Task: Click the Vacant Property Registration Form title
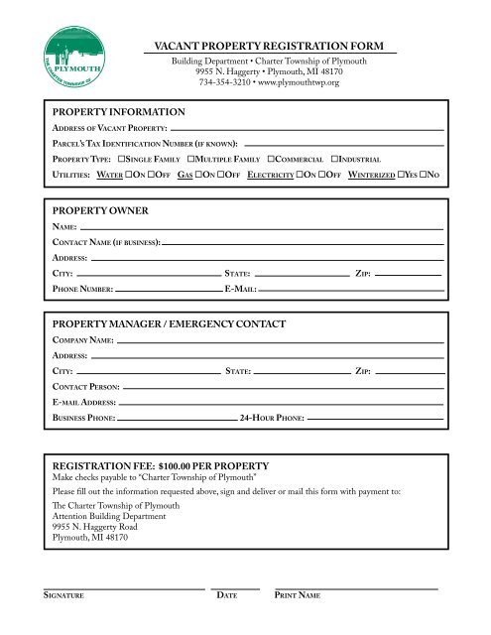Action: pyautogui.click(x=270, y=46)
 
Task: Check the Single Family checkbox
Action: pyautogui.click(x=121, y=159)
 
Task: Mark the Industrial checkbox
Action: pyautogui.click(x=336, y=159)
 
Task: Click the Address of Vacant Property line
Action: pyautogui.click(x=307, y=129)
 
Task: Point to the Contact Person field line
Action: pyautogui.click(x=283, y=386)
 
